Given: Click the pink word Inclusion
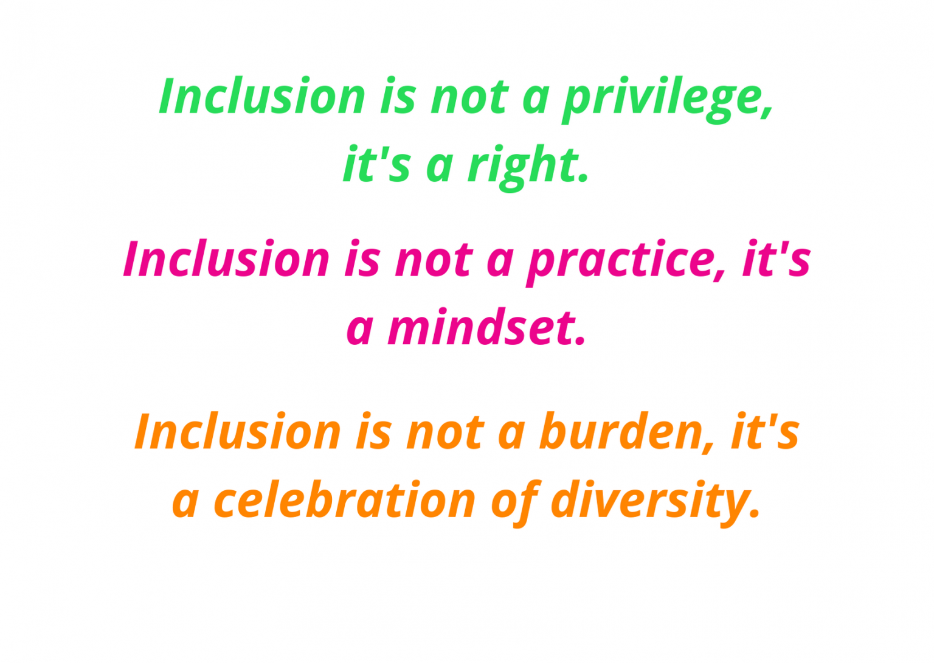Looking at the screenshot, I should pyautogui.click(x=226, y=259).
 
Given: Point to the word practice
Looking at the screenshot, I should pyautogui.click(x=620, y=260).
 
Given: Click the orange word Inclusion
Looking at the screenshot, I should pyautogui.click(x=237, y=432).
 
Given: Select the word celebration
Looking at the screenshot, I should pyautogui.click(x=344, y=501).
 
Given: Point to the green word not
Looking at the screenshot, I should pyautogui.click(x=469, y=97).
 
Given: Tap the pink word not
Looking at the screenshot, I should pyautogui.click(x=434, y=260).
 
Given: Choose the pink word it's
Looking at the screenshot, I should pyautogui.click(x=776, y=259).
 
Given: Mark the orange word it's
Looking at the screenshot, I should pyautogui.click(x=765, y=432).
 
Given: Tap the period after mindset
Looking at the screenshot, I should pyautogui.click(x=580, y=342).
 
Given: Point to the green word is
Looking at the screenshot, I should pyautogui.click(x=398, y=97).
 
